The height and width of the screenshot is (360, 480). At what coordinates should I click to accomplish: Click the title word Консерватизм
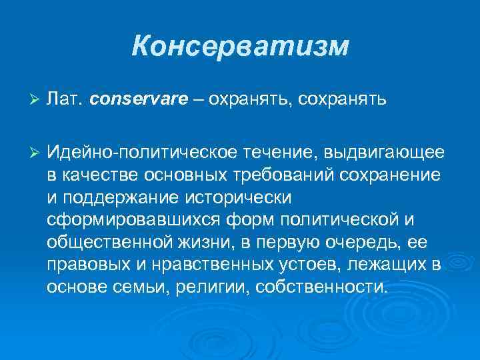click(240, 47)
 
